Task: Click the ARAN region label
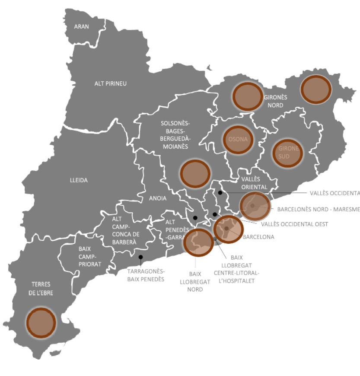pyautogui.click(x=81, y=26)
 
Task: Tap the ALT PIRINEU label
pyautogui.click(x=110, y=83)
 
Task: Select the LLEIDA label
pyautogui.click(x=79, y=180)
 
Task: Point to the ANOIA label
pyautogui.click(x=158, y=198)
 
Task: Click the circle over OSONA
pyautogui.click(x=238, y=140)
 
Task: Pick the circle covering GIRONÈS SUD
pyautogui.click(x=287, y=153)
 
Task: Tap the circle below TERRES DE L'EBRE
pyautogui.click(x=41, y=322)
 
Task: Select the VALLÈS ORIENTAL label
pyautogui.click(x=254, y=183)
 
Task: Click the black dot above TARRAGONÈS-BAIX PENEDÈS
pyautogui.click(x=140, y=257)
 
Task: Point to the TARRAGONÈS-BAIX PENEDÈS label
pyautogui.click(x=146, y=275)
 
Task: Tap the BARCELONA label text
pyautogui.click(x=258, y=237)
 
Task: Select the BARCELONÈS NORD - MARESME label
pyautogui.click(x=318, y=209)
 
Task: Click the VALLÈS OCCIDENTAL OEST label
pyautogui.click(x=294, y=224)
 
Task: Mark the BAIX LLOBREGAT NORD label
pyautogui.click(x=195, y=281)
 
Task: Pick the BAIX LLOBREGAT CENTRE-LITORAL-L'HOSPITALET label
pyautogui.click(x=236, y=269)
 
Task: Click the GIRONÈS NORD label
pyautogui.click(x=275, y=101)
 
